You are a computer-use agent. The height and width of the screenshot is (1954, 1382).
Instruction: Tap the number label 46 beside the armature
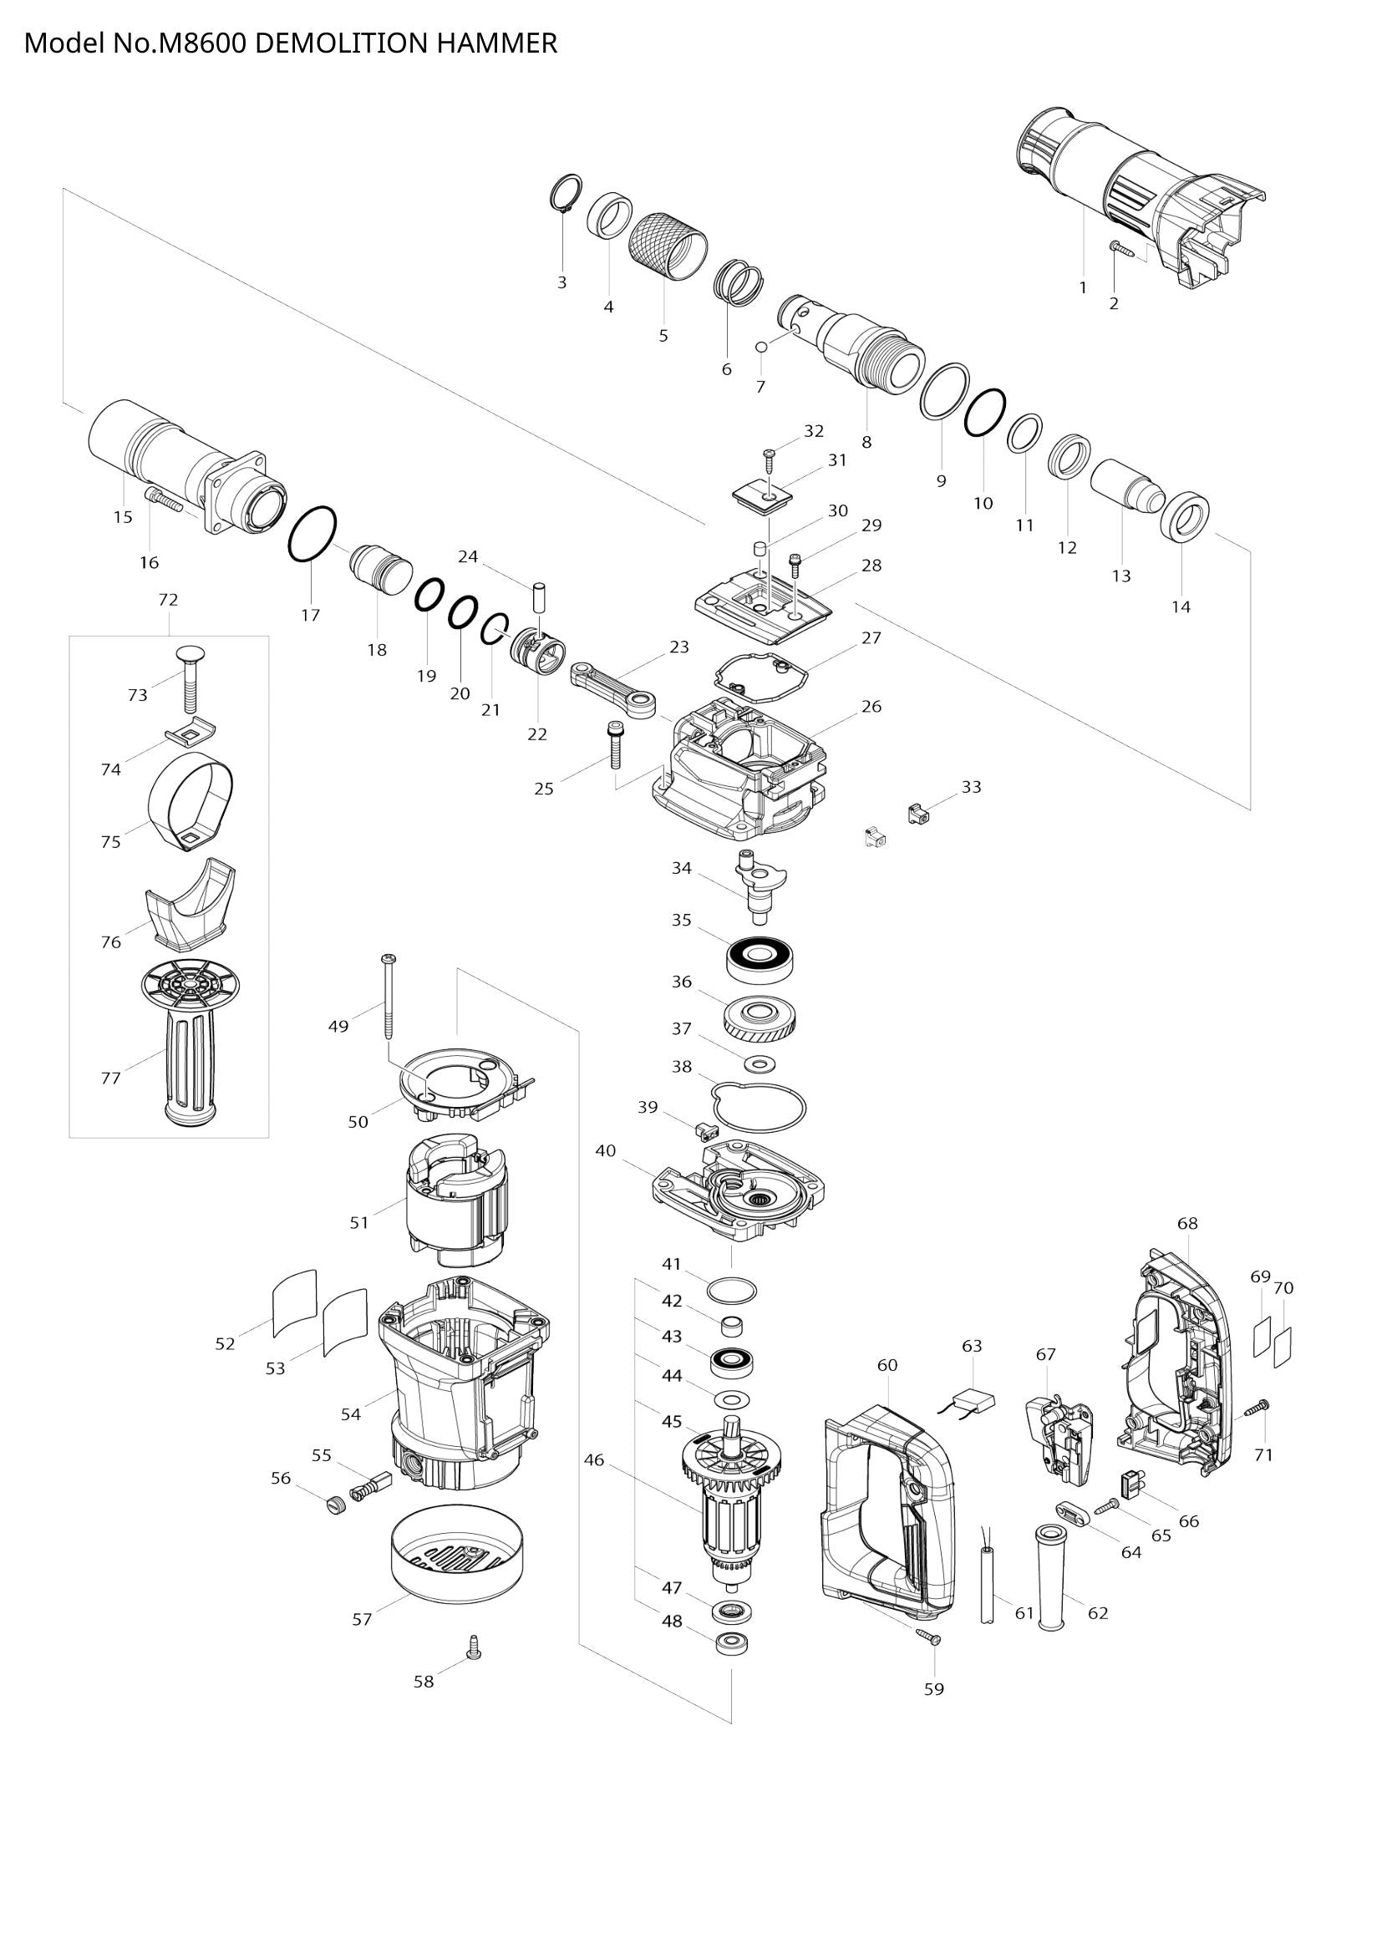coord(594,1460)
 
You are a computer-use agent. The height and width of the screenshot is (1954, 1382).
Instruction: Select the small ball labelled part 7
coord(762,347)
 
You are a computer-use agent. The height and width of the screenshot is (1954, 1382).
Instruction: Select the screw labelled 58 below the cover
coord(474,1647)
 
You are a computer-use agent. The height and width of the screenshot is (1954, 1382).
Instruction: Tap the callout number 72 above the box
coord(169,600)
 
